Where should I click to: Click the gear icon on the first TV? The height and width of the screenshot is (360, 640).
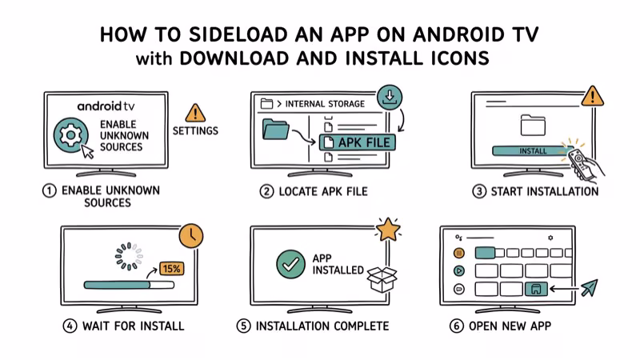tap(70, 137)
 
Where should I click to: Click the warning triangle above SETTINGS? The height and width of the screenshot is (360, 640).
tap(195, 112)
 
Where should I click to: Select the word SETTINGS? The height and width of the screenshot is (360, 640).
tap(195, 131)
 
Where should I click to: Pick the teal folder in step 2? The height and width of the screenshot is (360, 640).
tap(277, 132)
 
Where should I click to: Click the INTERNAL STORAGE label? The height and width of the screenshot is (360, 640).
tap(323, 104)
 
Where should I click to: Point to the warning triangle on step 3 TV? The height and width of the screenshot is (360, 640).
tap(592, 98)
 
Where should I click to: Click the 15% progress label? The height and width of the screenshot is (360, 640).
tap(171, 269)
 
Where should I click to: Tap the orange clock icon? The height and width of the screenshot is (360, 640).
tap(190, 235)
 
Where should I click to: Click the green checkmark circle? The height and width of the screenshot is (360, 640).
tap(290, 264)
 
